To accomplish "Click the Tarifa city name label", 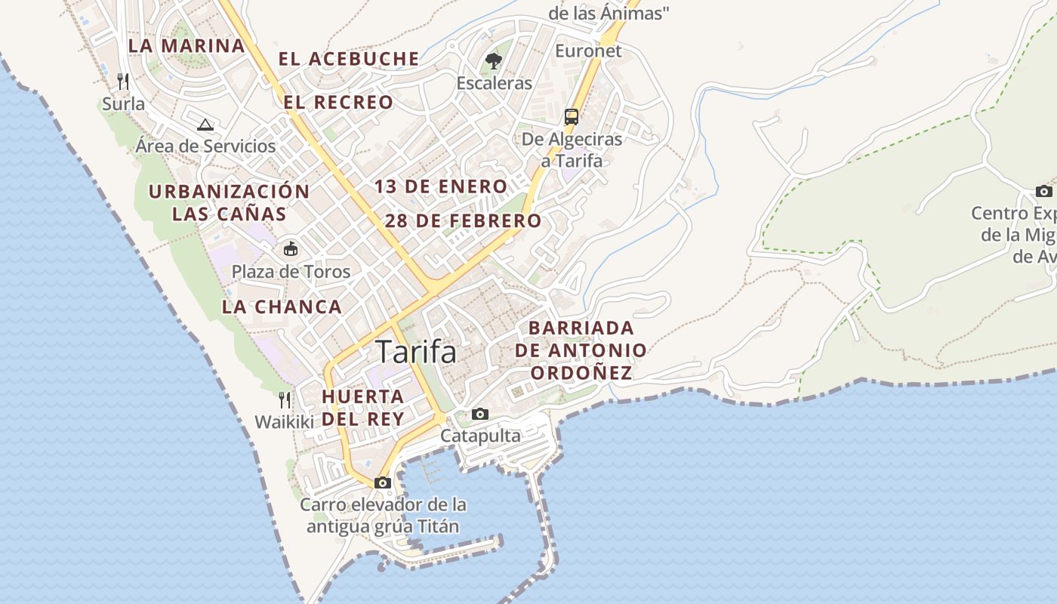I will click(x=416, y=352).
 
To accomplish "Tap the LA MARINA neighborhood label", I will click(x=186, y=45).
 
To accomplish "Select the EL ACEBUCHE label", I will click(x=349, y=59).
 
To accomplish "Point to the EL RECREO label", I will click(x=338, y=102).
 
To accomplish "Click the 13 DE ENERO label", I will click(x=441, y=186).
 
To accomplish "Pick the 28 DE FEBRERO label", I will click(x=463, y=221).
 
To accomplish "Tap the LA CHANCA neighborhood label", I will click(x=282, y=307).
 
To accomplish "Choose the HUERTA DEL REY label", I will click(x=363, y=407).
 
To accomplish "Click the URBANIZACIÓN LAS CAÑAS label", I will click(x=229, y=202).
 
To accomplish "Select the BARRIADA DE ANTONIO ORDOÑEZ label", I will click(x=581, y=350).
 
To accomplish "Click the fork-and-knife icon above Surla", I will click(x=123, y=81).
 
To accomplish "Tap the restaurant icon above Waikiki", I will click(x=284, y=399).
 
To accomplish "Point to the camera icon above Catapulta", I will click(x=480, y=414).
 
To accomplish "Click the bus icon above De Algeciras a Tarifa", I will click(x=572, y=117).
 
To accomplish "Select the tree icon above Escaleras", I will click(x=494, y=61).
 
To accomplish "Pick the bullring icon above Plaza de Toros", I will click(x=291, y=248).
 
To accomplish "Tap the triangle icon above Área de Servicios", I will click(x=205, y=125).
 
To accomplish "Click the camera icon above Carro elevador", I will click(x=382, y=482).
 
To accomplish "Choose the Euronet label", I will click(x=588, y=51).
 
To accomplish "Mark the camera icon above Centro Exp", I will click(x=1043, y=191).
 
